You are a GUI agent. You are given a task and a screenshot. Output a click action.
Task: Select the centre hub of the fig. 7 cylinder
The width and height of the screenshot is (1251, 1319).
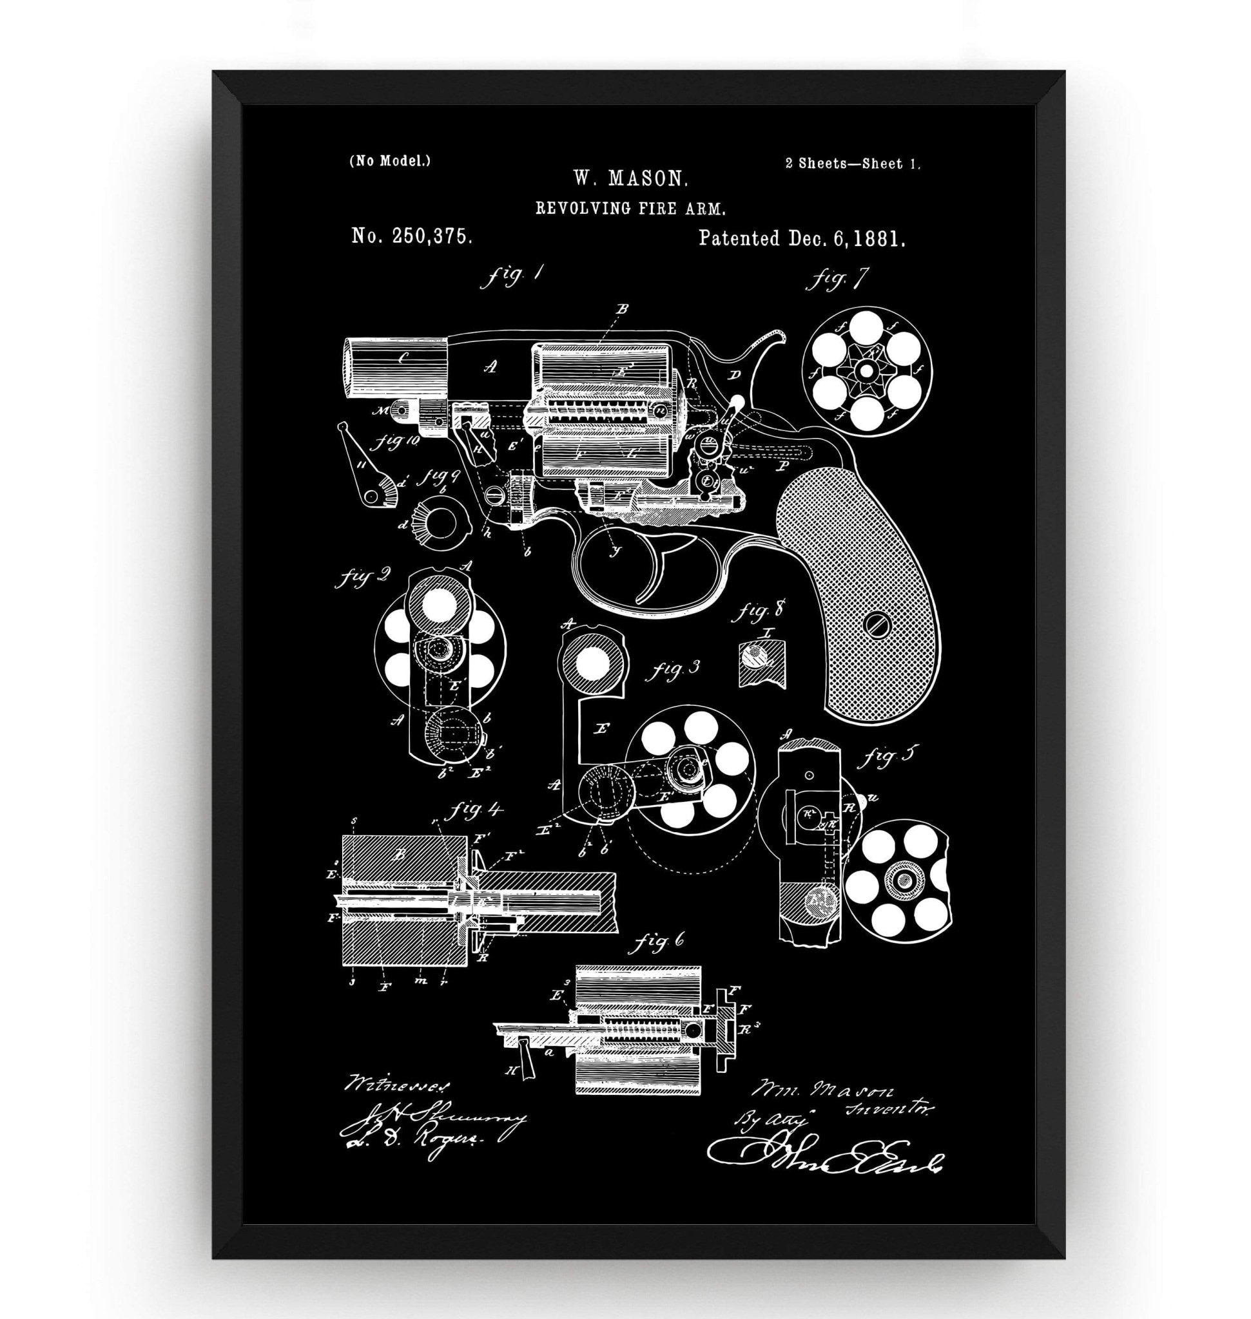pos(866,371)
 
